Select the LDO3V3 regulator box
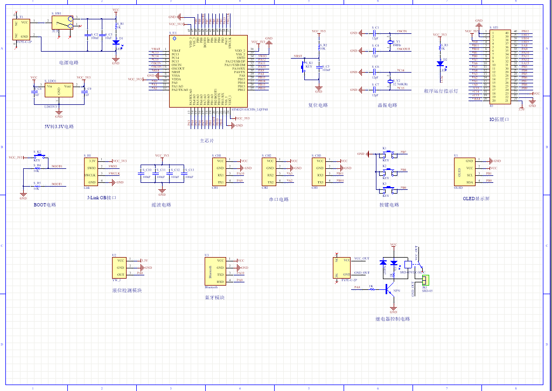tap(59, 90)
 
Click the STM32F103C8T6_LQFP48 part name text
tap(249, 110)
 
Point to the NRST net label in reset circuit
tap(298, 56)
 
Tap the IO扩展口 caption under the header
tap(499, 119)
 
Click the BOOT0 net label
tap(57, 167)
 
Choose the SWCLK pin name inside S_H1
tap(90, 174)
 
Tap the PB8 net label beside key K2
tap(403, 170)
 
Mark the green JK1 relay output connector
tap(426, 280)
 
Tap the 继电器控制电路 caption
tap(393, 319)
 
